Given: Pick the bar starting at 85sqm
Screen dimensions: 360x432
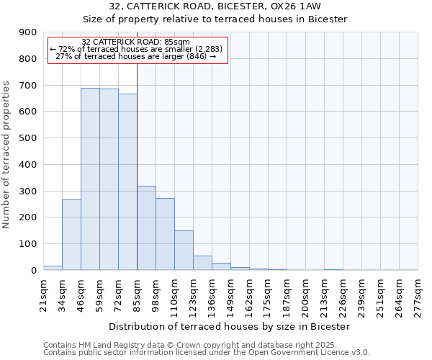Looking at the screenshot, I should click(x=146, y=228).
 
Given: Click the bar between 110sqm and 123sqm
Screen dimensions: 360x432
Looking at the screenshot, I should click(x=184, y=250).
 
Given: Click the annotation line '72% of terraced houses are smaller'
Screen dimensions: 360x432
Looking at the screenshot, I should click(x=136, y=49).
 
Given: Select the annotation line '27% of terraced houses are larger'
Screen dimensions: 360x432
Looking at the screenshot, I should click(x=136, y=56).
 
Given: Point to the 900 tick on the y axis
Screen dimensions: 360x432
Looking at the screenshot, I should click(x=28, y=32).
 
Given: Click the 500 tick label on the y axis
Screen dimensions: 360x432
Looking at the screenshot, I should click(x=28, y=138).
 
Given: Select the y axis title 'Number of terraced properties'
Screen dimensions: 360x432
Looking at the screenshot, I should click(x=7, y=155).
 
